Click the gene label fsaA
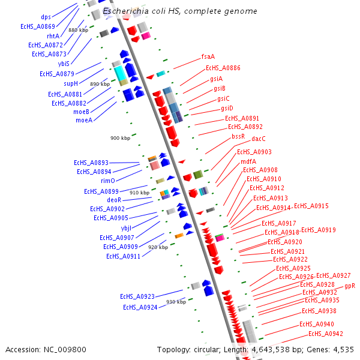208,56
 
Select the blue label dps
46,17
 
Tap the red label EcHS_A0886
223,68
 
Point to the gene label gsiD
226,109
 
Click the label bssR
238,137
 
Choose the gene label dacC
259,139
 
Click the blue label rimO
108,181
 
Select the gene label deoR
114,200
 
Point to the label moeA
83,120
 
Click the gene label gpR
350,286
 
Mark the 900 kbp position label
120,138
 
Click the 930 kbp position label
176,302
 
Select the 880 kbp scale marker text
78,30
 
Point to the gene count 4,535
343,349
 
